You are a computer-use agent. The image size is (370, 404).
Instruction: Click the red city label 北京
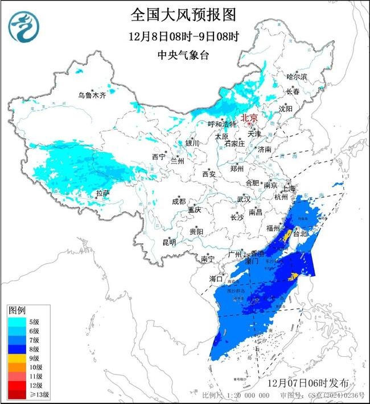tap(249, 118)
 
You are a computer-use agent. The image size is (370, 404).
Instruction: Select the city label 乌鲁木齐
tap(92, 95)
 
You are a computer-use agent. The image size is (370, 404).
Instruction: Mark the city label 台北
tap(299, 234)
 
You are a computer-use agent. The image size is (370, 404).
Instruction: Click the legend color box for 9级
tap(17, 358)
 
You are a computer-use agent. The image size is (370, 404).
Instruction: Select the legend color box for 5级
tap(17, 322)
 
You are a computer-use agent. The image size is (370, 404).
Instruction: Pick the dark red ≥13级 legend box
tap(17, 394)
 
